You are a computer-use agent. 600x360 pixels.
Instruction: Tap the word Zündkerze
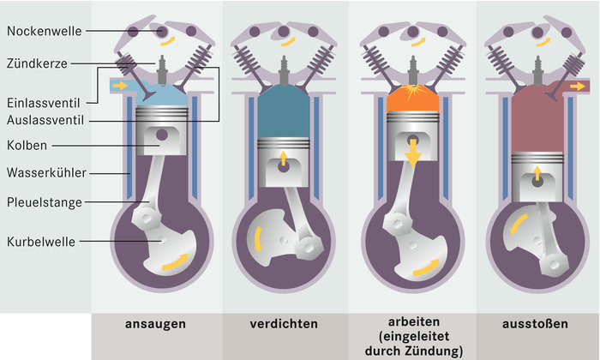tap(38, 63)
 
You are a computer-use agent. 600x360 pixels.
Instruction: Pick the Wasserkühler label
tap(45, 173)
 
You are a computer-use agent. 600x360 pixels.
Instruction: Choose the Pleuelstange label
tap(45, 203)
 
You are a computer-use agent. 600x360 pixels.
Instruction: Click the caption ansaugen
tap(156, 325)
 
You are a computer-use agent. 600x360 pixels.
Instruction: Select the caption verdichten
tap(285, 325)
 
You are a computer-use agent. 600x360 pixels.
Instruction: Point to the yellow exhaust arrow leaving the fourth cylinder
tap(579, 87)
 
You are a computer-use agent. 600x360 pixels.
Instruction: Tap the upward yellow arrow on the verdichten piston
tap(284, 158)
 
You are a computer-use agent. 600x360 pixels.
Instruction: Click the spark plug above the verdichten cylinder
tap(284, 69)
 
